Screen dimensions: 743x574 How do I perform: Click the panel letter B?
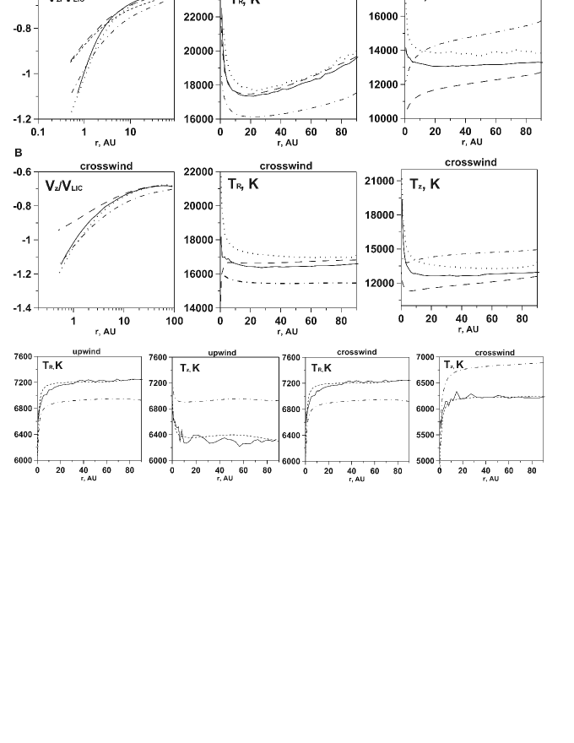(18, 153)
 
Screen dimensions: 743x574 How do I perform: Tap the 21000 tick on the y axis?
(379, 181)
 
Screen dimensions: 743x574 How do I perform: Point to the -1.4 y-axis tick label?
(20, 308)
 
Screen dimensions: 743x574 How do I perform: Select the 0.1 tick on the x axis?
(37, 133)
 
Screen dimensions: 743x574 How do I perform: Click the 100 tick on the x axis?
(173, 321)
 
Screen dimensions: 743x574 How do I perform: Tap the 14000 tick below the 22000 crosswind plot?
(199, 308)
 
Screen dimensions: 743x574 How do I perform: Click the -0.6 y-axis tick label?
(20, 172)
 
